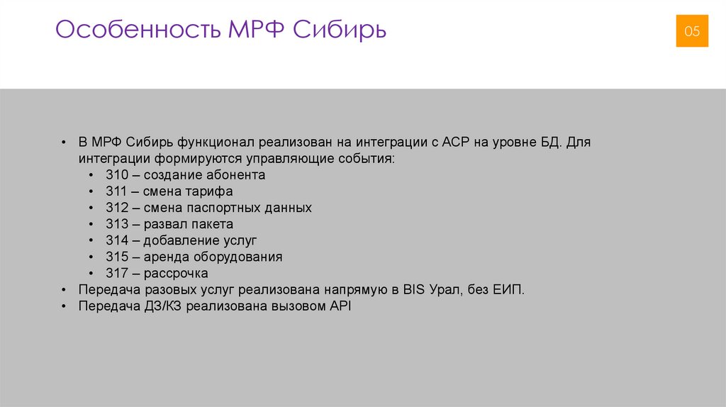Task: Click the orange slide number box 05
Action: (691, 31)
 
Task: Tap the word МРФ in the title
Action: (256, 30)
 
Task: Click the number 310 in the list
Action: (116, 174)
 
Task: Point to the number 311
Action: (116, 191)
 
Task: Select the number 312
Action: (116, 208)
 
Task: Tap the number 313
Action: (116, 224)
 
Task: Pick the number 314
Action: (116, 240)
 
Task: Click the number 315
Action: (116, 257)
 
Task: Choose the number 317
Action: (116, 273)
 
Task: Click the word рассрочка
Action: (176, 273)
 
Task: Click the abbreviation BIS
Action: (414, 290)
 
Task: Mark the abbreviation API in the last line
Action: (341, 306)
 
